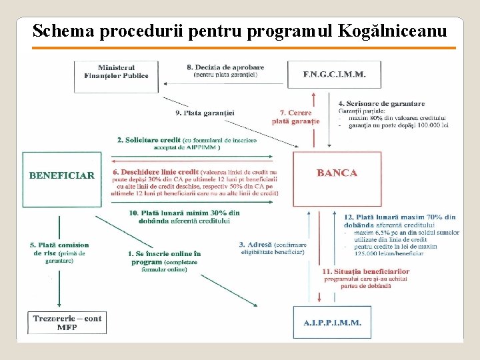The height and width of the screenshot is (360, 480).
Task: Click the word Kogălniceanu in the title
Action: pyautogui.click(x=393, y=31)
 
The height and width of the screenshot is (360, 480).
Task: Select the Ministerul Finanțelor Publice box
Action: pyautogui.click(x=116, y=75)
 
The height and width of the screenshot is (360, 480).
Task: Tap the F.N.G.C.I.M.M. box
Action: pyautogui.click(x=334, y=75)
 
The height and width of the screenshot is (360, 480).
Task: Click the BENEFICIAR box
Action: pyautogui.click(x=61, y=176)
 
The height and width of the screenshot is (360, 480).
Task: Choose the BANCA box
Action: pyautogui.click(x=337, y=173)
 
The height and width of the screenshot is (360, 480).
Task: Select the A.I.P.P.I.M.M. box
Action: pyautogui.click(x=332, y=322)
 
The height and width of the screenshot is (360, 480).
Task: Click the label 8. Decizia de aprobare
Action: pyautogui.click(x=225, y=67)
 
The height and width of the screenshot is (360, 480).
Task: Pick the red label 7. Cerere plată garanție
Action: pyautogui.click(x=295, y=117)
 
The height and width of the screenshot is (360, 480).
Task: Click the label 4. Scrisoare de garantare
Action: pyautogui.click(x=381, y=103)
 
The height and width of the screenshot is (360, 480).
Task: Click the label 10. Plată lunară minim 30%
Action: pyautogui.click(x=184, y=213)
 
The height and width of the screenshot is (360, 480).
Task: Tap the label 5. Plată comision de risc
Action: pyautogui.click(x=59, y=245)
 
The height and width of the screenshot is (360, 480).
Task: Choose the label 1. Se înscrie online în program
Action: pyautogui.click(x=164, y=254)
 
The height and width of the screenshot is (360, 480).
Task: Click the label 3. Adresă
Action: pyautogui.click(x=255, y=245)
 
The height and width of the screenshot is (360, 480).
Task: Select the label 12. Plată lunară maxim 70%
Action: pyautogui.click(x=399, y=217)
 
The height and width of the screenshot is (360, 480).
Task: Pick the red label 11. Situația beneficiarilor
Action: pyautogui.click(x=365, y=272)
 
